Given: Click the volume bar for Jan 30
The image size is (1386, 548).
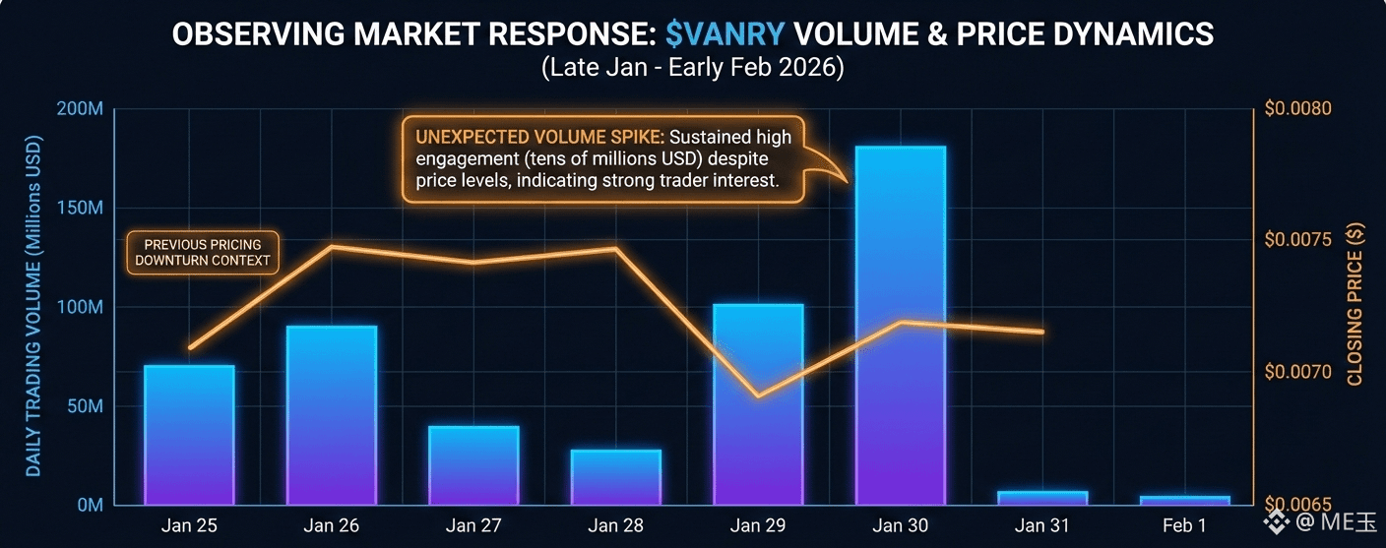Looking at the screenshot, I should [900, 325].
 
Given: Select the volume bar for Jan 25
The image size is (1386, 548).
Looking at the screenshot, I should [189, 435].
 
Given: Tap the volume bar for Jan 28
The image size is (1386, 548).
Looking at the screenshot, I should [615, 477].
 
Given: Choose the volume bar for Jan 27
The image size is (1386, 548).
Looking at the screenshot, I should [473, 465].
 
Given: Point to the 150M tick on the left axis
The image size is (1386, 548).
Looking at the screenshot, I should [80, 209].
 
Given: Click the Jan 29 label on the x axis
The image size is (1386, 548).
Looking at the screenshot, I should [757, 526].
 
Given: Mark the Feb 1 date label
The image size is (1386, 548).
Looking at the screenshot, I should [1184, 526].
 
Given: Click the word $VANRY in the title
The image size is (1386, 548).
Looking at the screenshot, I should [724, 34].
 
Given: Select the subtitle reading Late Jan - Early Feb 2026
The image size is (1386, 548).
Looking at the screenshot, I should [692, 70].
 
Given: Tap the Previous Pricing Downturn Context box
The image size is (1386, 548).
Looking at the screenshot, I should [203, 253].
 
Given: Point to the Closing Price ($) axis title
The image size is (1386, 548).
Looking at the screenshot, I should [1354, 304].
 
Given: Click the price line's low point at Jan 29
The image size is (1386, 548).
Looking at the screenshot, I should [757, 396].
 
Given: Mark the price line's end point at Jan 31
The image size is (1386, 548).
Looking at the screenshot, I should [1041, 333].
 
